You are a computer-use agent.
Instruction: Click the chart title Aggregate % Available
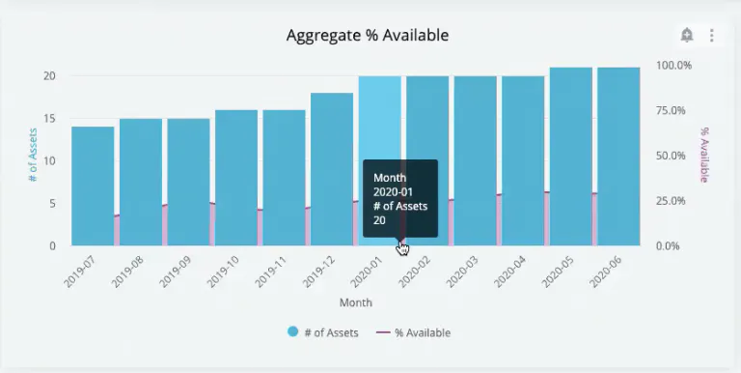coord(368,36)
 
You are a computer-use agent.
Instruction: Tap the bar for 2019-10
coord(236,178)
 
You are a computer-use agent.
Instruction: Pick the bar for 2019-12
coord(332,169)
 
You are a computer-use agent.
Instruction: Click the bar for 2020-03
coord(475,160)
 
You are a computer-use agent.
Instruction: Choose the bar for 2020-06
coord(618,157)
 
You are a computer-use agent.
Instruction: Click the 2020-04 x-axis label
coord(511,270)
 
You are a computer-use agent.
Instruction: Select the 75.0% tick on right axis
coord(673,110)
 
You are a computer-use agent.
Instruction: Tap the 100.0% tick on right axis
coord(673,65)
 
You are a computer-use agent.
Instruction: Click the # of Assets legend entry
coord(323,332)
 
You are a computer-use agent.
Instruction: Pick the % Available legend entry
coord(413,332)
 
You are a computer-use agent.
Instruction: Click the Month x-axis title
coord(356,303)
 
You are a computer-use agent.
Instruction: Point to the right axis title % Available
coord(704,155)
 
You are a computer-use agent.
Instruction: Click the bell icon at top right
coord(687,36)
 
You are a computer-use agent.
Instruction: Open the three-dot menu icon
coord(712,36)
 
